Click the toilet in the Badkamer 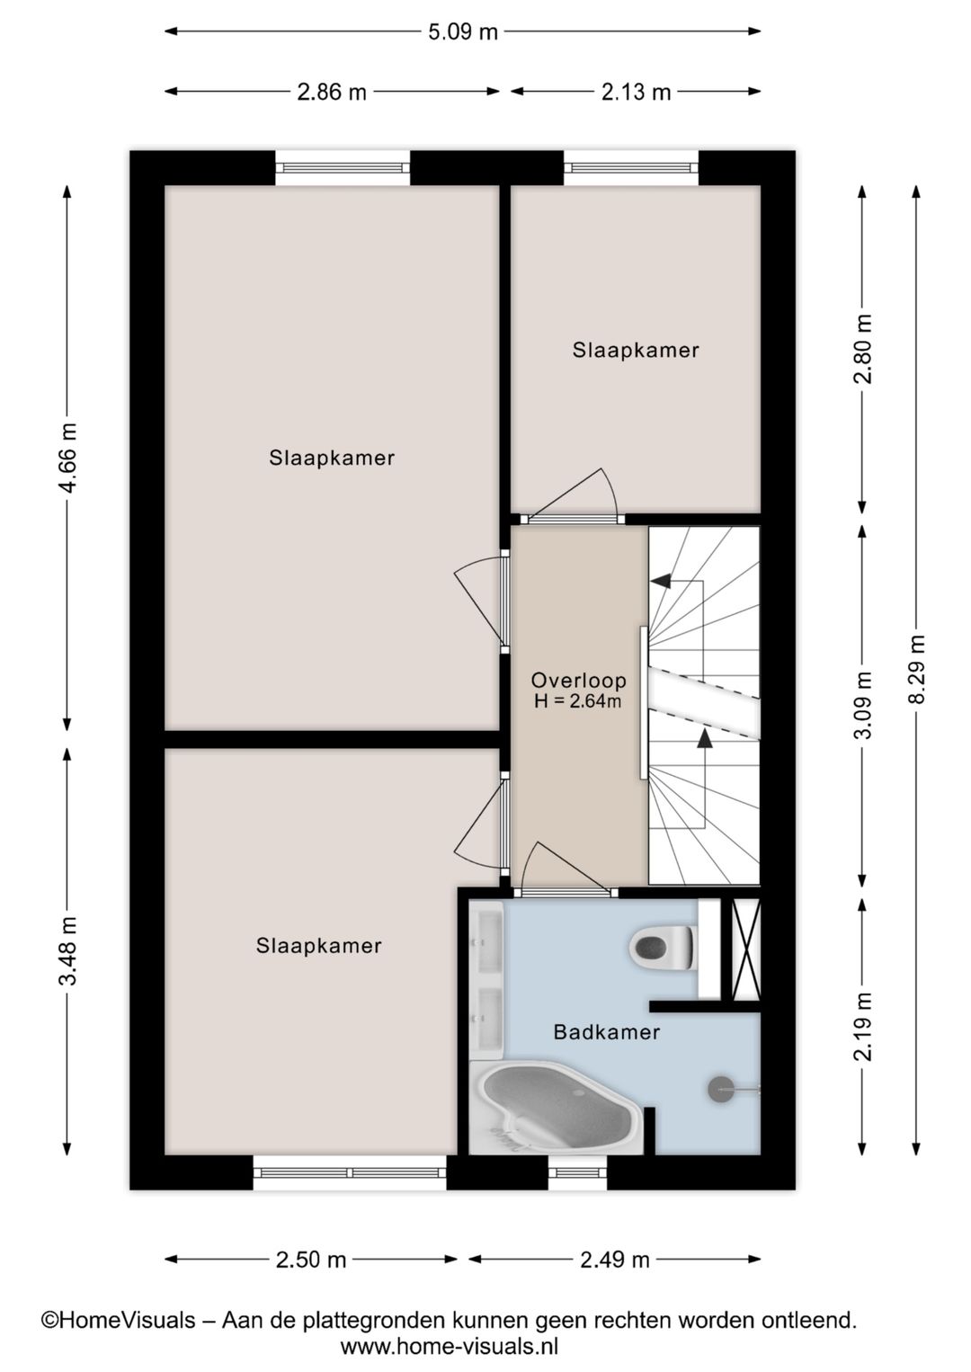tap(664, 948)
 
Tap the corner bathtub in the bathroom tap(557, 1108)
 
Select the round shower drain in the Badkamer tap(721, 1090)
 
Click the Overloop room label tap(578, 681)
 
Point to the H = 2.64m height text tap(578, 701)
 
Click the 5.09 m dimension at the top tap(462, 32)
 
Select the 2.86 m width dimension tap(332, 92)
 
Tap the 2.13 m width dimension tap(636, 92)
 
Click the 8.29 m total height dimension tap(916, 670)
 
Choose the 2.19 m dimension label tap(863, 1027)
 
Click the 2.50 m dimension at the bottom tap(310, 1260)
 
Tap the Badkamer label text tap(606, 1032)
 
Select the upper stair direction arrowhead tap(661, 581)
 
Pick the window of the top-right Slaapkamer tap(631, 167)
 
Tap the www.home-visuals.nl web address tap(450, 1346)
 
